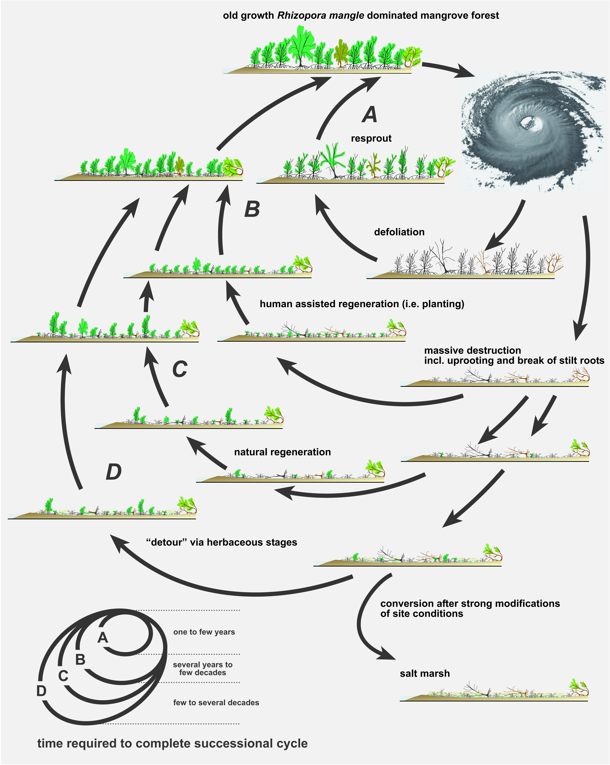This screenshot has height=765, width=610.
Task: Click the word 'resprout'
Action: point(371,138)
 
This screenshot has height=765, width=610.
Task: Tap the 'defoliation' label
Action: point(399,232)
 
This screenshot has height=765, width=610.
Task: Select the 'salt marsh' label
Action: point(425,673)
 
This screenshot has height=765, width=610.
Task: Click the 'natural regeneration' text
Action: point(282,452)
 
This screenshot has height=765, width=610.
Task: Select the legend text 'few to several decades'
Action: point(216,703)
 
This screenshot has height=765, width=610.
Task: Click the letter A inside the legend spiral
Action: point(103,638)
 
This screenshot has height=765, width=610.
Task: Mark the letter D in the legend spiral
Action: point(42,691)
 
